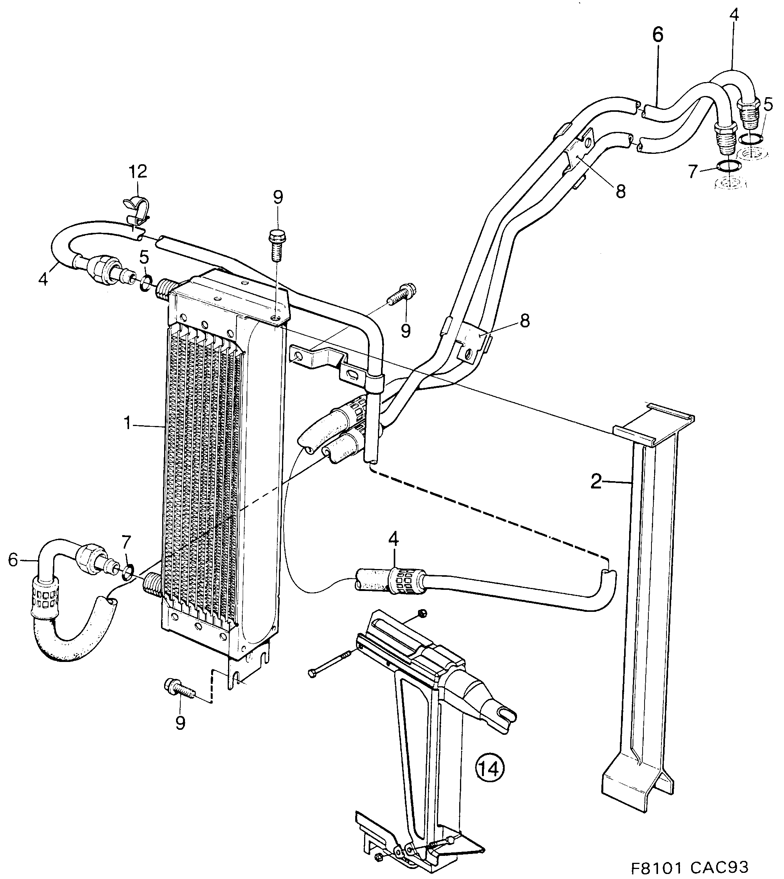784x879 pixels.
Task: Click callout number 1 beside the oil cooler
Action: coord(128,423)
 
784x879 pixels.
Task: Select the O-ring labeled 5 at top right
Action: coord(751,139)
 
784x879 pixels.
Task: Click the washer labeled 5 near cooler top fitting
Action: coord(146,283)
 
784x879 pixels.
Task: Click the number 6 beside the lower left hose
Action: coord(13,560)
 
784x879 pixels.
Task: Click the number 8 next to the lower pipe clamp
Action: coord(525,321)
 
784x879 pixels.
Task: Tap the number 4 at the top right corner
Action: coord(734,15)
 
